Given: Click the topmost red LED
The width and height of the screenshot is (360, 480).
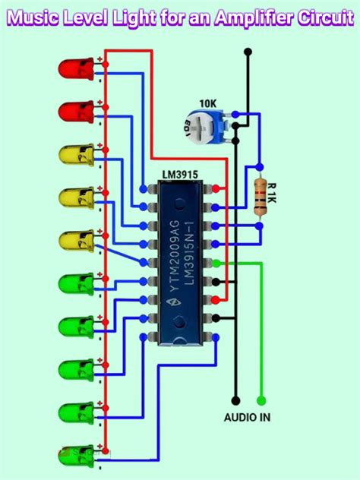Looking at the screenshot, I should tap(72, 69).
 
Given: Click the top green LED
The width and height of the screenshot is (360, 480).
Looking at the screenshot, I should tap(72, 285).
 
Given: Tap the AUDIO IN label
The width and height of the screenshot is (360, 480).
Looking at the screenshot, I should tap(247, 417).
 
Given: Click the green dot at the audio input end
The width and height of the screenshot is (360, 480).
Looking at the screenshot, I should tap(261, 399).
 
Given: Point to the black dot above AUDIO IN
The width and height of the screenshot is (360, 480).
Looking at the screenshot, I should tap(235, 399).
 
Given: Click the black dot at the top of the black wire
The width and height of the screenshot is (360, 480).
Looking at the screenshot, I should tap(247, 52).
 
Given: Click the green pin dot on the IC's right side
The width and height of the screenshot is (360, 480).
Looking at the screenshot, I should tap(217, 263).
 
